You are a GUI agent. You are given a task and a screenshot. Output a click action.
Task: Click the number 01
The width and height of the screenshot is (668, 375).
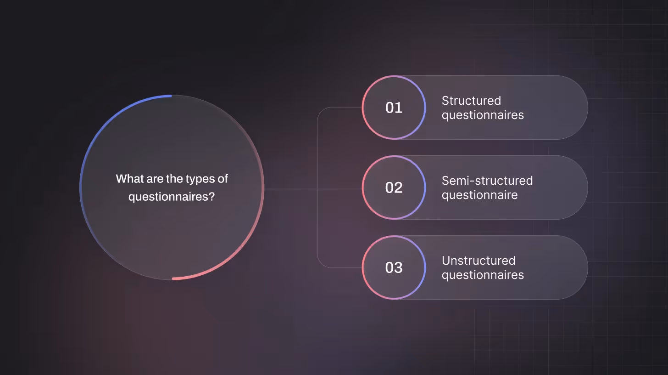(394, 108)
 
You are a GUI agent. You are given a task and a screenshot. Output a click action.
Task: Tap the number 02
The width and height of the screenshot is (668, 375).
(394, 187)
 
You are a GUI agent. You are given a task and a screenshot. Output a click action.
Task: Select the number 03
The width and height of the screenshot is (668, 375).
(394, 267)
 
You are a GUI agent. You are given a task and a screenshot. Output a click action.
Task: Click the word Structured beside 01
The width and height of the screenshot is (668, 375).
(471, 101)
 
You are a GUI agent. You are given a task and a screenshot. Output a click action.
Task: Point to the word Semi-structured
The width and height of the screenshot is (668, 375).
(487, 181)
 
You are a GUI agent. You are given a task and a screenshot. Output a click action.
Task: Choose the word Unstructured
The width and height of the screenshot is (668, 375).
(479, 261)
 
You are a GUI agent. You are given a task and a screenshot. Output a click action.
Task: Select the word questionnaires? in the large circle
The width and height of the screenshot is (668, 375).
(172, 196)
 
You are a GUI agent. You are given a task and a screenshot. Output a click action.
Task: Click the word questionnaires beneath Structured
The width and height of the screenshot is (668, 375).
(483, 115)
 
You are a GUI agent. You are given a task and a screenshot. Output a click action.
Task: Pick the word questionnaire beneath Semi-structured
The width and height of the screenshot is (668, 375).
(479, 195)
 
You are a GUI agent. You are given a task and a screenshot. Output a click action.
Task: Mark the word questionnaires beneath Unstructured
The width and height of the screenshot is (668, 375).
(483, 275)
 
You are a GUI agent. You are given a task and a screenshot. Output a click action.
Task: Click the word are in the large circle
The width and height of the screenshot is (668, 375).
(152, 179)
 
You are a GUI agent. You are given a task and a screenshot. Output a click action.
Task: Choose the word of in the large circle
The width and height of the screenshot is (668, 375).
(223, 179)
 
